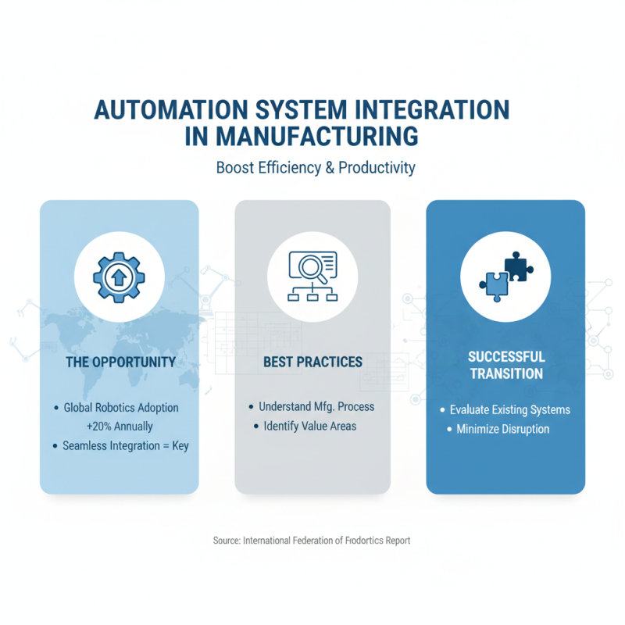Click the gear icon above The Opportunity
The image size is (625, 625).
(119, 277)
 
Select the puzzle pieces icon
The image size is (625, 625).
(506, 277)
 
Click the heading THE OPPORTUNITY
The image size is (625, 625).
(120, 362)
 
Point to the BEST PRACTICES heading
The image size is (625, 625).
(312, 362)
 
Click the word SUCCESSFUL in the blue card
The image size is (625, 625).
(506, 356)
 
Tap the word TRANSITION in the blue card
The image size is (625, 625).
(506, 373)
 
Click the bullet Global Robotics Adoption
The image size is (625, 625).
(121, 408)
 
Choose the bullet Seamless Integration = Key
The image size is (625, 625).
(126, 445)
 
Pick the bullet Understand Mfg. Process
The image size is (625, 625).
(316, 407)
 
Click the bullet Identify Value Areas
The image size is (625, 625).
(309, 426)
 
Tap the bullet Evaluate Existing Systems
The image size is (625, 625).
(510, 409)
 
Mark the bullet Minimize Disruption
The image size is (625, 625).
(503, 429)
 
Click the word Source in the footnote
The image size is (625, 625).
(226, 540)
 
